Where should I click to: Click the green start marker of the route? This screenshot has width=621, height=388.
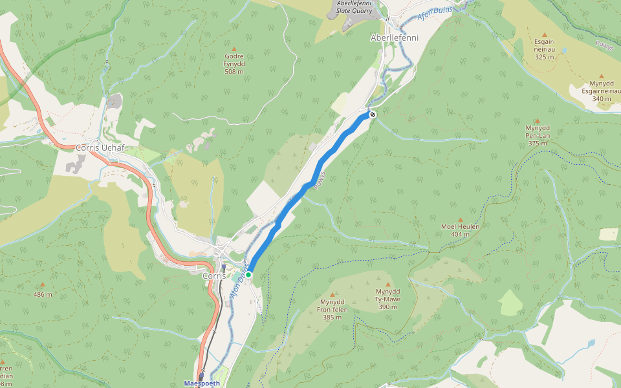248,275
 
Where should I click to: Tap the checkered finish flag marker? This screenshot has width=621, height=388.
373,114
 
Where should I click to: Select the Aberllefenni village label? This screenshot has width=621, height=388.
394,38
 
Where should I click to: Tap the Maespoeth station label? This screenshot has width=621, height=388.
202,383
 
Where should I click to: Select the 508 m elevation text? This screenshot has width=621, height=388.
234,72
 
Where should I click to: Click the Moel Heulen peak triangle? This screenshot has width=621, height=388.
460,220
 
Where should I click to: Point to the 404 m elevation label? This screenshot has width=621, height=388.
460,233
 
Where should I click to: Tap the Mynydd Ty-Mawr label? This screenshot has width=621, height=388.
388,295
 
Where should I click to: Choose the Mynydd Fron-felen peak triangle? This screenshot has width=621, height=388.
332,295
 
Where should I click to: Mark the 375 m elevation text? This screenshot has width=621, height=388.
537,143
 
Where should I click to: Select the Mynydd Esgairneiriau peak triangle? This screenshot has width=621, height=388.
601,76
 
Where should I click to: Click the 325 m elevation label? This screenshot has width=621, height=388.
545,57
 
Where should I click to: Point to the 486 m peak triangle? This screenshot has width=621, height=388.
43,285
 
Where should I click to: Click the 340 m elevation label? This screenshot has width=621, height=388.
601,99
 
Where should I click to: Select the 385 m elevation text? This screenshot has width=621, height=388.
332,317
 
